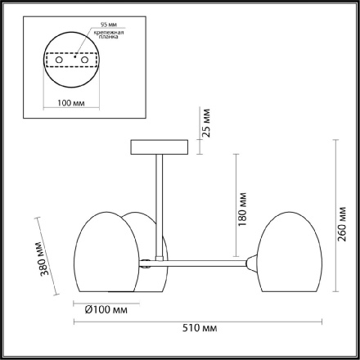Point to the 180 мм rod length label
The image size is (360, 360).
coord(243,211)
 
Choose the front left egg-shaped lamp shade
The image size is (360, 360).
coord(104,253)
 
